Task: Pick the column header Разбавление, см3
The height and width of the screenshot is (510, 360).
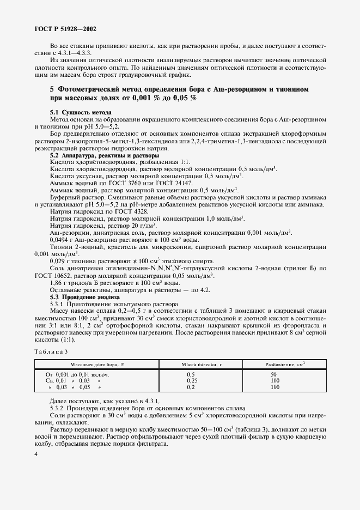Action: coord(285,364)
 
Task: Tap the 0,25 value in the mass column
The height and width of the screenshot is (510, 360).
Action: coord(191,381)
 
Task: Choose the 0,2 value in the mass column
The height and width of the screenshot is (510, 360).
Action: coord(191,387)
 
